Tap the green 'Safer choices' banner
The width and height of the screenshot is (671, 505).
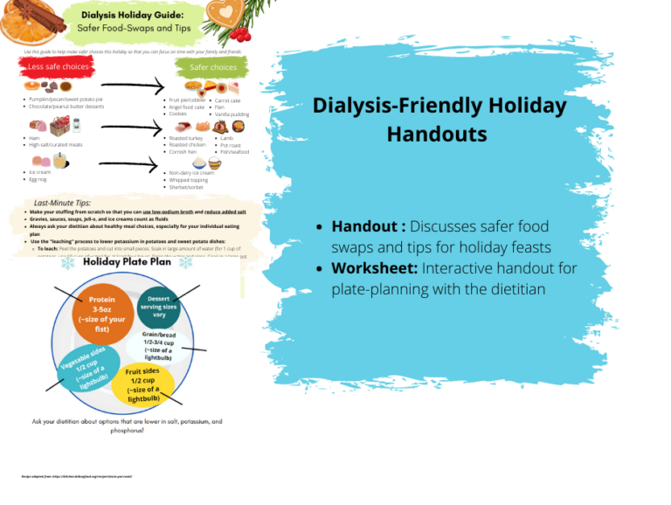tap(212, 66)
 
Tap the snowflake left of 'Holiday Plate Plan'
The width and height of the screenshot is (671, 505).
tap(67, 264)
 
